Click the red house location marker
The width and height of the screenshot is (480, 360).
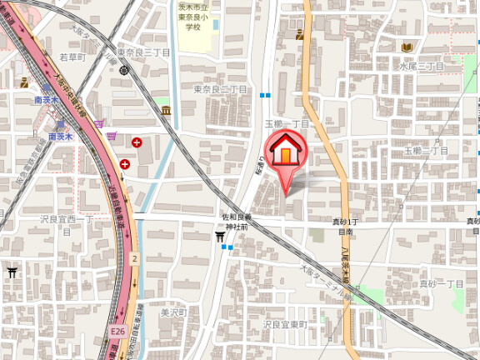pyautogui.click(x=287, y=150)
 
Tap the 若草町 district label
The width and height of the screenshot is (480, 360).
pyautogui.click(x=72, y=57)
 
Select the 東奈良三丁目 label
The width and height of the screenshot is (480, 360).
pyautogui.click(x=143, y=52)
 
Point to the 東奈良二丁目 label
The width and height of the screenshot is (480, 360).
pyautogui.click(x=222, y=88)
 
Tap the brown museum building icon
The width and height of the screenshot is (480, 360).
pyautogui.click(x=167, y=110)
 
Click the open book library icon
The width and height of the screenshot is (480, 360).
pyautogui.click(x=407, y=47)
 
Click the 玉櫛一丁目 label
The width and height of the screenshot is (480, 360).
pyautogui.click(x=287, y=124)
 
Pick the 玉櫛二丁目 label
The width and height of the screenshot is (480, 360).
pyautogui.click(x=426, y=151)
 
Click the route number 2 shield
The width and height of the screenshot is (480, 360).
pyautogui.click(x=133, y=259)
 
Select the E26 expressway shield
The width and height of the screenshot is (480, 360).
pyautogui.click(x=117, y=332)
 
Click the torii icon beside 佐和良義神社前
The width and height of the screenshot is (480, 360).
pyautogui.click(x=220, y=237)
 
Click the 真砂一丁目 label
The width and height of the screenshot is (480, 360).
pyautogui.click(x=441, y=284)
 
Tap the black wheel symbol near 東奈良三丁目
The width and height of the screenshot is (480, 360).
pyautogui.click(x=123, y=69)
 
